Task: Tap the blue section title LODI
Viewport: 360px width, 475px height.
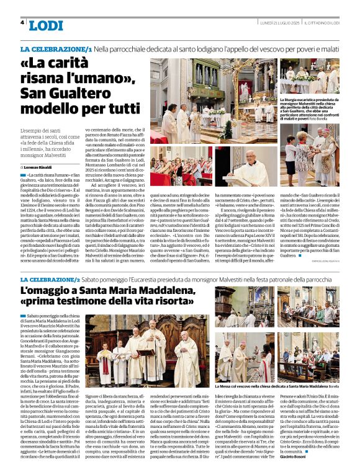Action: pos(46,25)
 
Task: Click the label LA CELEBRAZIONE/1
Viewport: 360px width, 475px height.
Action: pos(57,48)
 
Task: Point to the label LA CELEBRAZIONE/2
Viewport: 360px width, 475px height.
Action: pos(57,280)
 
